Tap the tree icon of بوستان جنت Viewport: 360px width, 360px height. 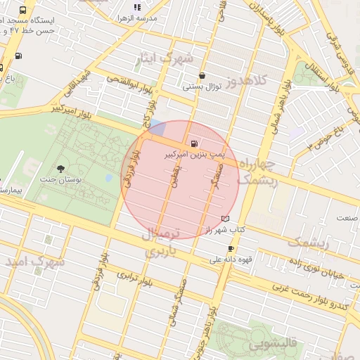pyautogui.click(x=61, y=169)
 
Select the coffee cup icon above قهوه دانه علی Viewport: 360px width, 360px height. pyautogui.click(x=231, y=249)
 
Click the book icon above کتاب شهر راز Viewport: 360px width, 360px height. pyautogui.click(x=225, y=219)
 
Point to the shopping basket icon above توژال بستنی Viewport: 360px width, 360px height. pyautogui.click(x=202, y=76)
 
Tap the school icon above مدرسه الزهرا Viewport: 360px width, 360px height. pyautogui.click(x=136, y=7)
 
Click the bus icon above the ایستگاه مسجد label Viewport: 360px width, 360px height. pyautogui.click(x=23, y=11)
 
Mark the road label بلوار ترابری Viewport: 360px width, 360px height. pyautogui.click(x=136, y=279)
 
